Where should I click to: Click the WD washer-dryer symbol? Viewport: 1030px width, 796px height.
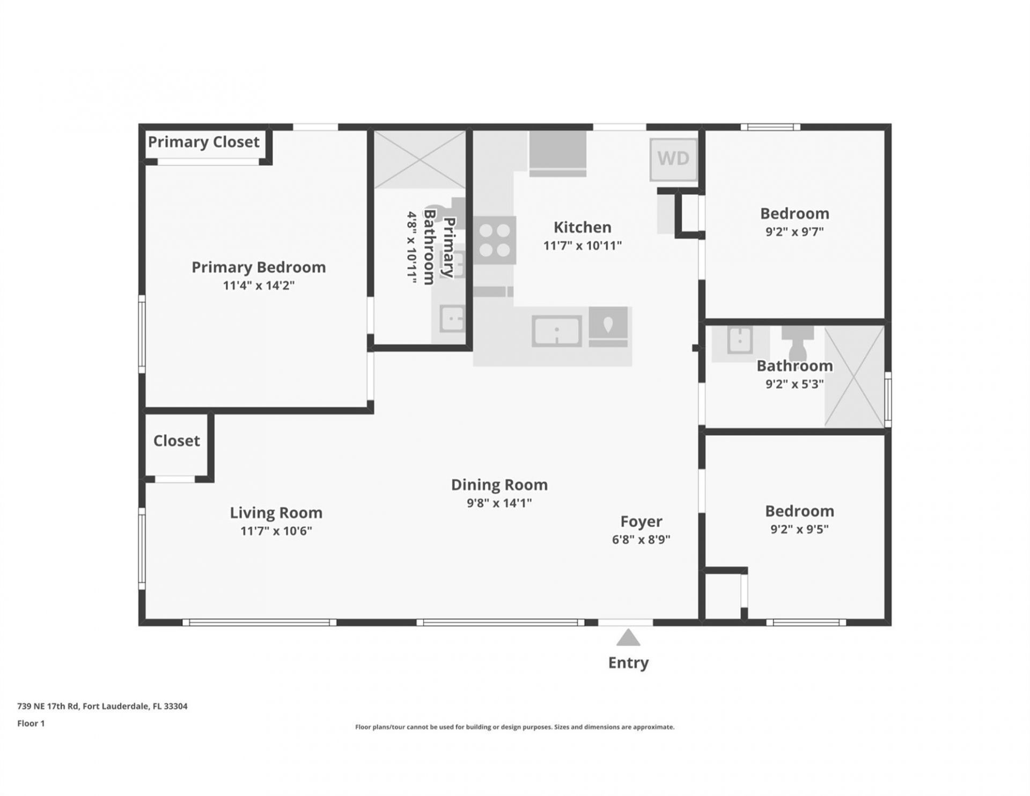click(673, 159)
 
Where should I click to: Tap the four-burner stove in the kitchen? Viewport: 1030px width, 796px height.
click(495, 240)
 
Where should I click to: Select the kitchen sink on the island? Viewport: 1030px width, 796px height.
click(557, 331)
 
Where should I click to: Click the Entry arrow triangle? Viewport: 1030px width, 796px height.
click(628, 638)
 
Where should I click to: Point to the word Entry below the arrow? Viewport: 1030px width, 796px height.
click(628, 663)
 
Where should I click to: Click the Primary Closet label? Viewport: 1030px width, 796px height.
click(203, 142)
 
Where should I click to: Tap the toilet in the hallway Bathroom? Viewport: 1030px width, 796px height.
click(798, 342)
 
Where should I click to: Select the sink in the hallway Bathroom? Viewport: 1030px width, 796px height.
click(740, 340)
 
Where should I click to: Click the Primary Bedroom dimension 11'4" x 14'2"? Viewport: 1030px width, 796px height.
click(259, 286)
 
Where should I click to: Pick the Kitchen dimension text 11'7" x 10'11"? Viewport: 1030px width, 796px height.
click(582, 246)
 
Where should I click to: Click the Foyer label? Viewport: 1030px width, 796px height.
click(641, 522)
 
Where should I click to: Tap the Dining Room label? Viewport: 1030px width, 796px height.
click(499, 485)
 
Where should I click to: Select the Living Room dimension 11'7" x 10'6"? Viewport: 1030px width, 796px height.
click(276, 531)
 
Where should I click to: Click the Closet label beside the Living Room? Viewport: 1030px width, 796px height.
click(176, 441)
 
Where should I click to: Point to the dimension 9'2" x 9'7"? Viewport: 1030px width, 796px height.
click(794, 232)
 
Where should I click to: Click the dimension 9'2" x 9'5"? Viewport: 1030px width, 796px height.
click(799, 529)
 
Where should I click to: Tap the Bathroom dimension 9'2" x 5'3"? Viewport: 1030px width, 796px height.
click(794, 384)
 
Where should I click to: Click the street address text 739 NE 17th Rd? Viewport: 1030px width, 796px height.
click(102, 706)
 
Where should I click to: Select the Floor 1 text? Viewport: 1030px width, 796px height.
click(31, 724)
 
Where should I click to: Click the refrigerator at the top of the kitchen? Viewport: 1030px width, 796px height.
click(557, 153)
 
